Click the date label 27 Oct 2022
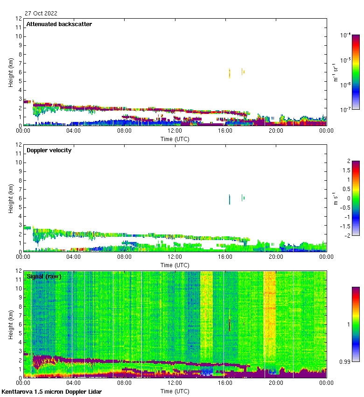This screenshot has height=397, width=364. (x=41, y=14)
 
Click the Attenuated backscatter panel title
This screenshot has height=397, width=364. (x=59, y=24)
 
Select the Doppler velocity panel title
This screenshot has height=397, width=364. (x=49, y=150)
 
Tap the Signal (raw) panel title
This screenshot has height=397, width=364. (x=44, y=276)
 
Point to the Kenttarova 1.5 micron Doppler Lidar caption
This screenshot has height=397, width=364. (x=51, y=391)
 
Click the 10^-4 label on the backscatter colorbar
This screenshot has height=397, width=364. (x=346, y=35)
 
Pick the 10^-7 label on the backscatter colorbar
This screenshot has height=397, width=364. (x=346, y=110)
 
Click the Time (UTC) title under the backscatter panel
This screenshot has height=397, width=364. (x=175, y=139)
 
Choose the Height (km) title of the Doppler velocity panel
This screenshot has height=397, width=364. (x=11, y=198)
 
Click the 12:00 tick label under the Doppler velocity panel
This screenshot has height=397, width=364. (x=175, y=257)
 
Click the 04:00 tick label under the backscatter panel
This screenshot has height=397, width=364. (x=74, y=131)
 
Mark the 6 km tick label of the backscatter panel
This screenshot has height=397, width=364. (x=20, y=72)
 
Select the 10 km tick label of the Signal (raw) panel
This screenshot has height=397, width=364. (x=18, y=289)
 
